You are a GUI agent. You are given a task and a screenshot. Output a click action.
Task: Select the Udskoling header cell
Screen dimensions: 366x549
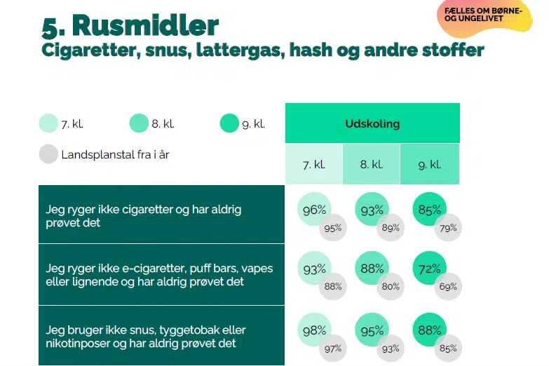click(x=372, y=123)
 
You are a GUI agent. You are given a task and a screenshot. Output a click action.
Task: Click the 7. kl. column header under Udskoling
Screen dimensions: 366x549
click(x=313, y=165)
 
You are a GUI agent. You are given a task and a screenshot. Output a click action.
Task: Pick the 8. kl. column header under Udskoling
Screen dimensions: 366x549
click(x=371, y=165)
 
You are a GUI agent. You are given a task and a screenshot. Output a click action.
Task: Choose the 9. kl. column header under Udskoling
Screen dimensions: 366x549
click(x=429, y=165)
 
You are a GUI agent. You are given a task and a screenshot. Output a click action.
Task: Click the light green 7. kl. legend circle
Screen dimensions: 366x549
click(x=48, y=124)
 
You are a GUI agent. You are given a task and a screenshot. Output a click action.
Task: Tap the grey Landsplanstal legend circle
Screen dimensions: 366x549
click(x=48, y=154)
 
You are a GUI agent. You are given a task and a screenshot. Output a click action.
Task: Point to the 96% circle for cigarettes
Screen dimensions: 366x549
click(x=313, y=210)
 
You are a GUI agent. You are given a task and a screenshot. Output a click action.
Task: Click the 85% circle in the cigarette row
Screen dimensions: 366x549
click(x=429, y=210)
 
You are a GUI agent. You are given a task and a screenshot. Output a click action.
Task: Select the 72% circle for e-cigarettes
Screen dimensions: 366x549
click(x=429, y=269)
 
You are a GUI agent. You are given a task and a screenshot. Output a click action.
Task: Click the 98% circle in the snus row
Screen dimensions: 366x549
click(x=313, y=330)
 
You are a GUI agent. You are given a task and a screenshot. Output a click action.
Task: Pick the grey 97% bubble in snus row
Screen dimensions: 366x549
click(x=333, y=348)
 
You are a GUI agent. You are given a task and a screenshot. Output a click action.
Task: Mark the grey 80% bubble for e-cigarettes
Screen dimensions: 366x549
click(x=391, y=286)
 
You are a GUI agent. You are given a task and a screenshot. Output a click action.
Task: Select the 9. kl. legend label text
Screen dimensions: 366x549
click(x=253, y=124)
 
